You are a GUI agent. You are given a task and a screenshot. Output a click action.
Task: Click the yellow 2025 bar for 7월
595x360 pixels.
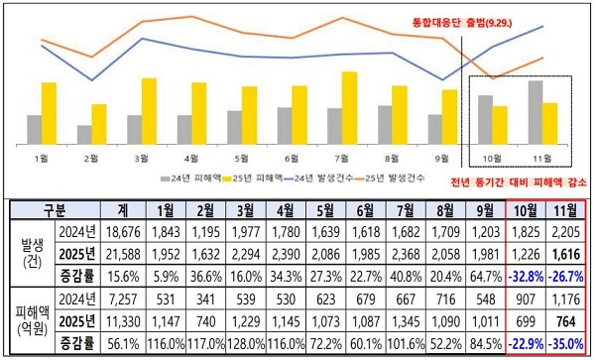coord(348,107)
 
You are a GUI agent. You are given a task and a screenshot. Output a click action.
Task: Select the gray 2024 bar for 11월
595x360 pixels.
coord(535,111)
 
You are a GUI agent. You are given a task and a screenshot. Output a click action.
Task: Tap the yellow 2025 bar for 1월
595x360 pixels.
coord(49,112)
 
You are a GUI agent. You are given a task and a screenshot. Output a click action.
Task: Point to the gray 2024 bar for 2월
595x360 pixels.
coord(84,134)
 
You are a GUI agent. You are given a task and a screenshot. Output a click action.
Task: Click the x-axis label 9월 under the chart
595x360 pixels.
coord(442,157)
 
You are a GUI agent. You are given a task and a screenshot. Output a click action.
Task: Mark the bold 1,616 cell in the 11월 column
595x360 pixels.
coord(566,253)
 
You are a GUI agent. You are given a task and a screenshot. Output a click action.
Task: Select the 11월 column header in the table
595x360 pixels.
coord(566,210)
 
